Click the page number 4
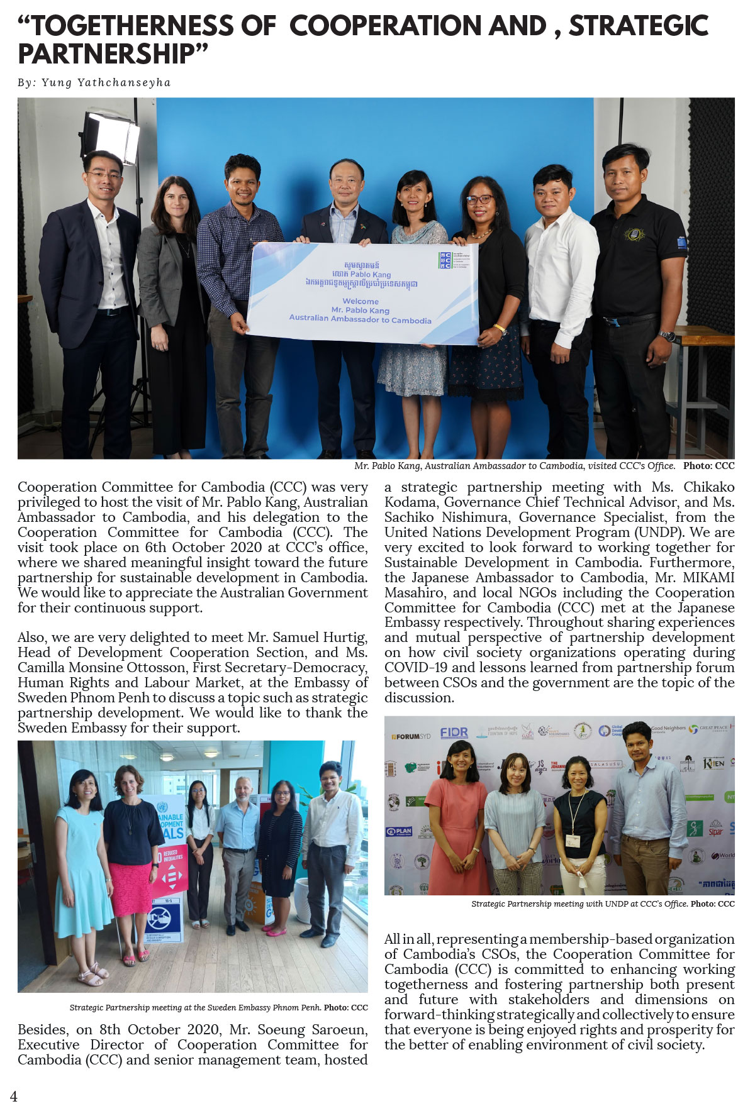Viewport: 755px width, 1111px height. click(14, 1096)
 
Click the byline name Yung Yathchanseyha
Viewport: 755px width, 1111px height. click(106, 82)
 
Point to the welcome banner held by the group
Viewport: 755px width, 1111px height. click(362, 293)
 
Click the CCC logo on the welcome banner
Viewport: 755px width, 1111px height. click(445, 260)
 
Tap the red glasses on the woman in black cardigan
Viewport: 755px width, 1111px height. click(479, 200)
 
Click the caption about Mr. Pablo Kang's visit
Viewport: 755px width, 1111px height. click(514, 466)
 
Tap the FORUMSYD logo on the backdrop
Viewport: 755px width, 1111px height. click(411, 736)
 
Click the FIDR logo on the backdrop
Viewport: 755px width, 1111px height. click(454, 732)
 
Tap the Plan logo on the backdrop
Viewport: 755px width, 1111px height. click(399, 831)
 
